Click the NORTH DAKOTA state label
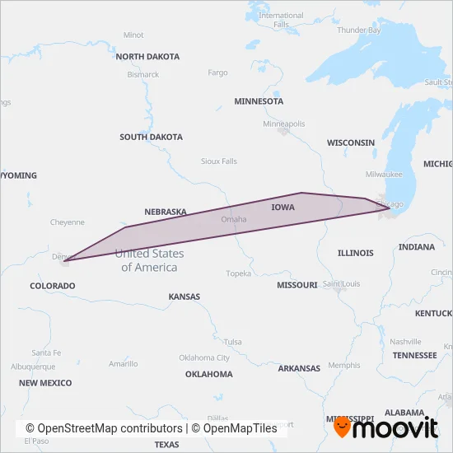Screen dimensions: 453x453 [x=147, y=57]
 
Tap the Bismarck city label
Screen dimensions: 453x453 [x=143, y=74]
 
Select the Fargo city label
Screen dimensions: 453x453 [x=217, y=72]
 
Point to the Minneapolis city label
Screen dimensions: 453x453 [x=283, y=124]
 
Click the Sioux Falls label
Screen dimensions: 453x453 [x=219, y=161]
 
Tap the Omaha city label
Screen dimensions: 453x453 [x=234, y=219]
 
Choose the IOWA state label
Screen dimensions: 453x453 [x=283, y=208]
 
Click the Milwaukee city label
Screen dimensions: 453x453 [x=384, y=175]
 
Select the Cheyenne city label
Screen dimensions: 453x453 [x=68, y=222]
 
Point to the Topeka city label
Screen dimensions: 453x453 [x=238, y=273]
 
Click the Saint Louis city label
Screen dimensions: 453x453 [x=341, y=284]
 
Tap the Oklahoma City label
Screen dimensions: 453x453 [x=205, y=357]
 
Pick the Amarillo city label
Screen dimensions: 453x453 [x=124, y=363]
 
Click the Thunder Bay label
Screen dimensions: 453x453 [x=358, y=30]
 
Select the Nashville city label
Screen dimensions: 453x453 [x=405, y=341]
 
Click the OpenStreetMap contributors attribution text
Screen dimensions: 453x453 [x=104, y=428]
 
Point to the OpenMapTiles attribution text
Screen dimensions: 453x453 [x=235, y=428]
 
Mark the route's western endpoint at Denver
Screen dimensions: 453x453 [x=63, y=261]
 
